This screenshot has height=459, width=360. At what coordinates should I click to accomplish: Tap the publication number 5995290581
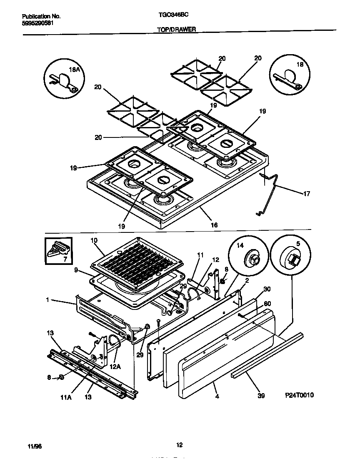(x=37, y=23)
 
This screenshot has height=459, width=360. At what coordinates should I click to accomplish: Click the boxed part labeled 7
(x=58, y=250)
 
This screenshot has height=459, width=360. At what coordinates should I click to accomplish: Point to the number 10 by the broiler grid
(x=94, y=240)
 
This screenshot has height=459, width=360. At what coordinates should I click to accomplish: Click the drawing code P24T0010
(x=299, y=395)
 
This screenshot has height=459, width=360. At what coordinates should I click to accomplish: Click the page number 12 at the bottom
(x=179, y=445)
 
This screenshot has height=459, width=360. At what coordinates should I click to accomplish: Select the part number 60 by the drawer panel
(x=267, y=303)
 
